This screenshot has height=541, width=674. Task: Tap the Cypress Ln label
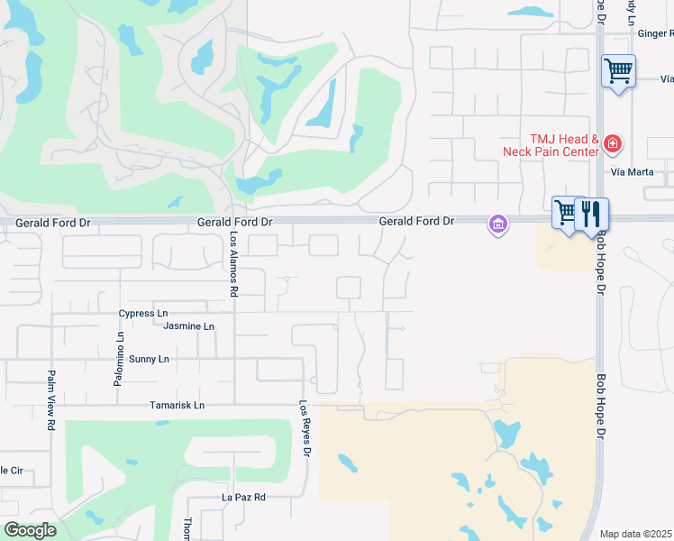[x=143, y=314]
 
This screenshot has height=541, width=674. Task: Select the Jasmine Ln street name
[x=189, y=326]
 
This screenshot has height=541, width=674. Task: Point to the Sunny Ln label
[x=149, y=359]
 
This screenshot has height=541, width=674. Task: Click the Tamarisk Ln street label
[x=177, y=406]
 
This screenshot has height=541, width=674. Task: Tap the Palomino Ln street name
[x=118, y=359]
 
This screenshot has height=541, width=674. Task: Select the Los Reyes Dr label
[x=305, y=429]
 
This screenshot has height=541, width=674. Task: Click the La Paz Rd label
[x=244, y=497]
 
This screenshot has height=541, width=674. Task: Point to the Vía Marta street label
[x=630, y=171]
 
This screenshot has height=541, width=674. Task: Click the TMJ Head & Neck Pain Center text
[x=551, y=145]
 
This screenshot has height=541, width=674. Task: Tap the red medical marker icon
[x=613, y=143]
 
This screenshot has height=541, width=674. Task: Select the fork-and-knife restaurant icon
[x=591, y=214]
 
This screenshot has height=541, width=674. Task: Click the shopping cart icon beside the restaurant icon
[x=566, y=214]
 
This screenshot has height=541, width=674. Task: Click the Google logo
[x=30, y=530]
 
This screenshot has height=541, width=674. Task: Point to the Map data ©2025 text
[x=636, y=534]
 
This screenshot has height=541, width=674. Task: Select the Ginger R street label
[x=655, y=33]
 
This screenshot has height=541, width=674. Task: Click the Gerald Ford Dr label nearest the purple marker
[x=415, y=220]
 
